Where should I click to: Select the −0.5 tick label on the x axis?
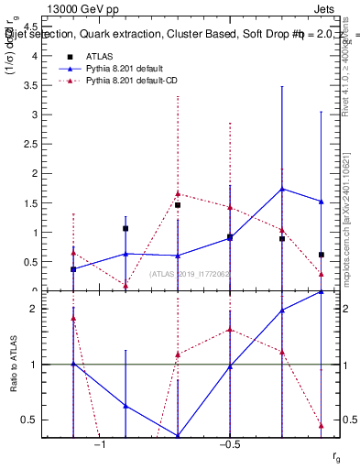click(229, 444)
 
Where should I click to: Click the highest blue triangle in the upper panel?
click(282, 189)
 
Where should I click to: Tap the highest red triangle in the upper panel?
click(178, 193)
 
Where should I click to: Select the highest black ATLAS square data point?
click(178, 205)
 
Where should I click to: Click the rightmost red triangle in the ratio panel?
click(322, 425)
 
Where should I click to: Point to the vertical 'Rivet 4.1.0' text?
click(347, 92)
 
